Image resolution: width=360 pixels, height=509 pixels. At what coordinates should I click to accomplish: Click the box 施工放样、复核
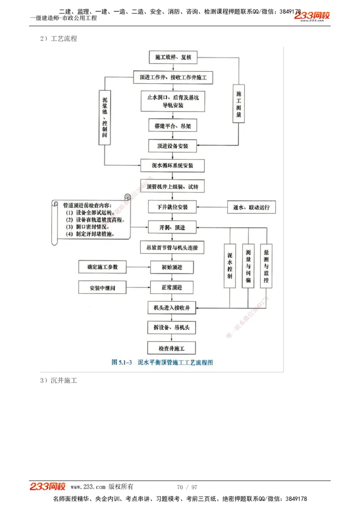pos(173,58)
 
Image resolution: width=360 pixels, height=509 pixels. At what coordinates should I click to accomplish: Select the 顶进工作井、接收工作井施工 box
pos(173,77)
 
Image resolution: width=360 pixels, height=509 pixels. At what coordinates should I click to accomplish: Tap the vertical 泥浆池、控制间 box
pos(104,116)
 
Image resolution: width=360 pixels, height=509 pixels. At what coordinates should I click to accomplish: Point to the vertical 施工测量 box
pos(239,104)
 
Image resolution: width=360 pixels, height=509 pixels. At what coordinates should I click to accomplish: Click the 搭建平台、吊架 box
pos(172,126)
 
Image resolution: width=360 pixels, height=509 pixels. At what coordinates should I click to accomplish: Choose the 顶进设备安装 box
pos(173,146)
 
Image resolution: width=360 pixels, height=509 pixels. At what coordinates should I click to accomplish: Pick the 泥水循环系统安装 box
pos(173,165)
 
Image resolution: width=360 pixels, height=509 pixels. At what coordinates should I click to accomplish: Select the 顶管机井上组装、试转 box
pos(173,186)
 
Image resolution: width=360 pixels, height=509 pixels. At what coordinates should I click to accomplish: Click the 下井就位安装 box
pos(173,207)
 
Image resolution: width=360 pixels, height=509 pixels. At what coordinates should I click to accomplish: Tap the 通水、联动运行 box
pos(251,207)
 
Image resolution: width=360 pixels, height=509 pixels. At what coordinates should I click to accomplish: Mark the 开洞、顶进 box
pos(173,228)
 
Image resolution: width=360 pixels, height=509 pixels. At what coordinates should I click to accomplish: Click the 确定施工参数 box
pos(103,267)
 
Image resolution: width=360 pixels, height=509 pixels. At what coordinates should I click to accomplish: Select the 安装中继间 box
pos(103,287)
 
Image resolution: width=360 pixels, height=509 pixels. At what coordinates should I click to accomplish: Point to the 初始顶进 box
pos(172,267)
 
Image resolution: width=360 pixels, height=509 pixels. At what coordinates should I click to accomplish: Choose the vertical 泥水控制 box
pos(230,266)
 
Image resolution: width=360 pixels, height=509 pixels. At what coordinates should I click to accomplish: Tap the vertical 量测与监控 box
pos(266,266)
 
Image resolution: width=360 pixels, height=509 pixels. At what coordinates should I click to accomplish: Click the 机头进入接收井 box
pos(172,308)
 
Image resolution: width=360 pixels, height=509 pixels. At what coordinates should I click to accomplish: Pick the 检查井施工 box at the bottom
pos(172,348)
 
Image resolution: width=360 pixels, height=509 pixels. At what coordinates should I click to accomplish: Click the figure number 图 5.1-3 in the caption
pos(121,362)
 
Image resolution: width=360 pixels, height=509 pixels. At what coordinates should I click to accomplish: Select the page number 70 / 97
pos(187,487)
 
